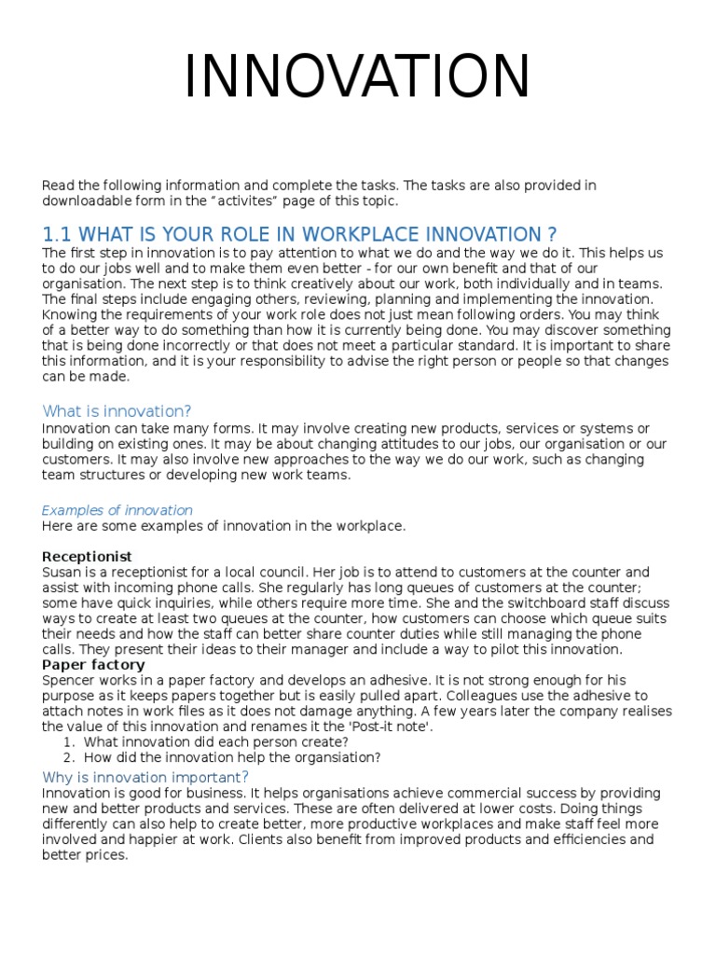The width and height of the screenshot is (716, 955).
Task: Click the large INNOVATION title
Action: click(357, 77)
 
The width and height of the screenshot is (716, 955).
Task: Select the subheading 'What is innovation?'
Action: click(117, 411)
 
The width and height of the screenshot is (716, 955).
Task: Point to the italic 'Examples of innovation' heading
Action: click(117, 510)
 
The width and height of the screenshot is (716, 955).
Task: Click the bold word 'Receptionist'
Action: click(87, 557)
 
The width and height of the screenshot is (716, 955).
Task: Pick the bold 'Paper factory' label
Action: click(93, 665)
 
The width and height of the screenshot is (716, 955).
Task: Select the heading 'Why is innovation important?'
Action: click(145, 778)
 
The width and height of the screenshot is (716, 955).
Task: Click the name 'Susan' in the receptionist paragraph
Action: click(61, 572)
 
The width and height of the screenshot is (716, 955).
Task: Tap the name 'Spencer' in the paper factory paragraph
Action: click(67, 680)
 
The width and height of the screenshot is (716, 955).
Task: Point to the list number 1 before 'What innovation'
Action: click(68, 742)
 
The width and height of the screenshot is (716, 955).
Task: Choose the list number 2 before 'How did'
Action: click(68, 757)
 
